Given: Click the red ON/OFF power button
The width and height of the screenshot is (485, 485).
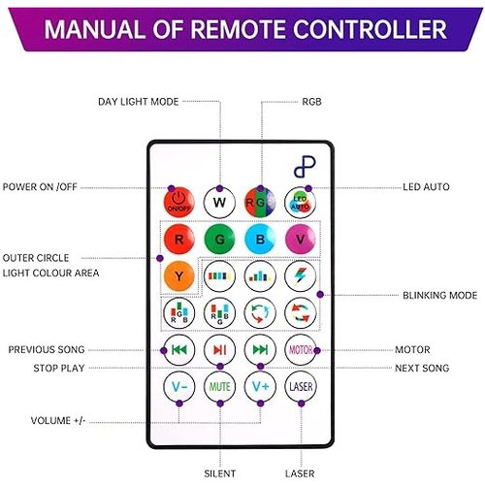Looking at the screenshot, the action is point(178,202).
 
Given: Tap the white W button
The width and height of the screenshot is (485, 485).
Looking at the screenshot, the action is point(219,203).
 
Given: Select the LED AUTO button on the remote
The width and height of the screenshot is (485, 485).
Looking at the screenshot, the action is point(301,203).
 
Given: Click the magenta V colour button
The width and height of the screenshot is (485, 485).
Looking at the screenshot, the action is point(301,240).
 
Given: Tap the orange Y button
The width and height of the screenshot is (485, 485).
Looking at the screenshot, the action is point(178,276).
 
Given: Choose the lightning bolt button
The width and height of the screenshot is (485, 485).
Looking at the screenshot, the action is point(301,276).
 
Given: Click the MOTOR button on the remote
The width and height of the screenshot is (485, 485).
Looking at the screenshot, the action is point(301,350).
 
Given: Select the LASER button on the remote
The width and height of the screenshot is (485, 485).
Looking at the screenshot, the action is point(301,387).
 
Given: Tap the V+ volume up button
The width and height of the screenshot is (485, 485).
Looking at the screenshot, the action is point(260,387).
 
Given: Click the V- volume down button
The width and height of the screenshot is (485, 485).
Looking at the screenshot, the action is point(178,387).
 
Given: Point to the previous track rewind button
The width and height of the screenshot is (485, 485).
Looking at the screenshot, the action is point(178,350).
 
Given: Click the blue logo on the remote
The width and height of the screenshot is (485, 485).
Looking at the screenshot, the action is point(305,167).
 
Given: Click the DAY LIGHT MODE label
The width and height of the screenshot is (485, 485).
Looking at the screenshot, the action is point(139,102).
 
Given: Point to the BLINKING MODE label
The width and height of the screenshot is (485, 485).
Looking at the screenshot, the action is point(439,295).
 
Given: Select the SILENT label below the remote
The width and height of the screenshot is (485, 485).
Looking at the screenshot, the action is point(220,473).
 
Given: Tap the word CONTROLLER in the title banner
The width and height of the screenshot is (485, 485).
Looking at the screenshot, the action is point(370,29).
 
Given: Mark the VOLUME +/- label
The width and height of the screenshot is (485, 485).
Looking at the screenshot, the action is point(58,421).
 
